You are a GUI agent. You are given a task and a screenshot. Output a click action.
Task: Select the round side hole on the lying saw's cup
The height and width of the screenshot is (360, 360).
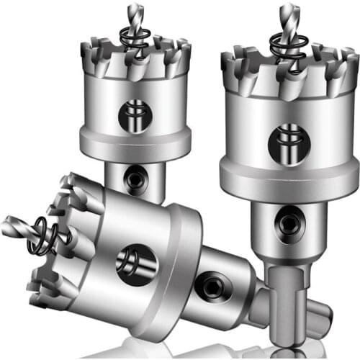[136, 261]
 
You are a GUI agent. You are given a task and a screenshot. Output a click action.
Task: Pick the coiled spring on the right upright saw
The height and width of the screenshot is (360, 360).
[287, 47]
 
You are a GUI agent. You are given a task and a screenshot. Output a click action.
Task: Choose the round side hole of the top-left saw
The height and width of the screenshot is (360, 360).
[135, 114]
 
